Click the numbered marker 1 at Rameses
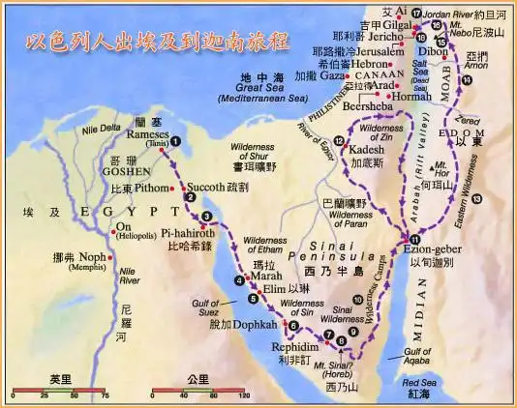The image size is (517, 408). coord(175,164)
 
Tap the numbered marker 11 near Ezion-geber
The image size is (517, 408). coord(414,239)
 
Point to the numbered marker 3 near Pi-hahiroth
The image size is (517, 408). coord(205,216)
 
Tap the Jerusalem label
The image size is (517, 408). coord(363,49)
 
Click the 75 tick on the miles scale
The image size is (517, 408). coord(105,396)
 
